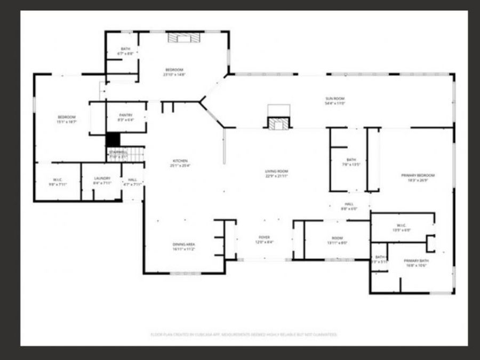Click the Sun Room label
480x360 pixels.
(x=335, y=99)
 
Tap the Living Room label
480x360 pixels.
(x=277, y=171)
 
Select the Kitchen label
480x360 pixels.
(x=180, y=161)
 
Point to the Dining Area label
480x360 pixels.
(x=183, y=244)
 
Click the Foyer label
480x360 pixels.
(x=265, y=237)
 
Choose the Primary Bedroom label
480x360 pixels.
(x=418, y=175)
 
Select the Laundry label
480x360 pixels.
(x=102, y=178)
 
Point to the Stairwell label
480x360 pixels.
(x=118, y=152)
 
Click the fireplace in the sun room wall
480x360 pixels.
(x=279, y=123)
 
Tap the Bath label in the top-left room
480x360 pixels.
(x=125, y=49)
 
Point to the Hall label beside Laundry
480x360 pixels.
(x=133, y=180)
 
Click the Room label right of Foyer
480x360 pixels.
(x=337, y=238)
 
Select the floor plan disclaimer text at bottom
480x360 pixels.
(x=244, y=334)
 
